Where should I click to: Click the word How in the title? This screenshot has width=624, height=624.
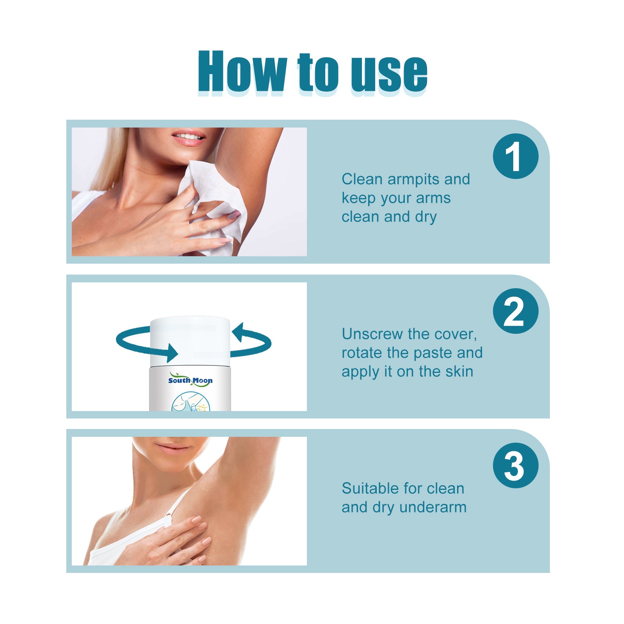(x=242, y=72)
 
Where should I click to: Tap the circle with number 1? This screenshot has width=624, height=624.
(x=515, y=156)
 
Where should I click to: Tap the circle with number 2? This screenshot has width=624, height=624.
(x=515, y=311)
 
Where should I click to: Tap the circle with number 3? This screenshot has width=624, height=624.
(x=515, y=465)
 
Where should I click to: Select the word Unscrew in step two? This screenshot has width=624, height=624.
(x=372, y=334)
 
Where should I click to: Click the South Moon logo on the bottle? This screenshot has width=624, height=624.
(x=190, y=380)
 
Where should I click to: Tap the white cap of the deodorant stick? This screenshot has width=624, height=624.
(x=190, y=339)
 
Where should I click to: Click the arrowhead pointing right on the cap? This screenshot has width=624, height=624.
(x=172, y=353)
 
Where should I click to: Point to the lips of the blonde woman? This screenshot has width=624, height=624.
(x=189, y=138)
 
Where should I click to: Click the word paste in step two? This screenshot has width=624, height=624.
(x=433, y=353)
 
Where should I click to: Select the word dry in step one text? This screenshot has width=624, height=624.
(x=426, y=217)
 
